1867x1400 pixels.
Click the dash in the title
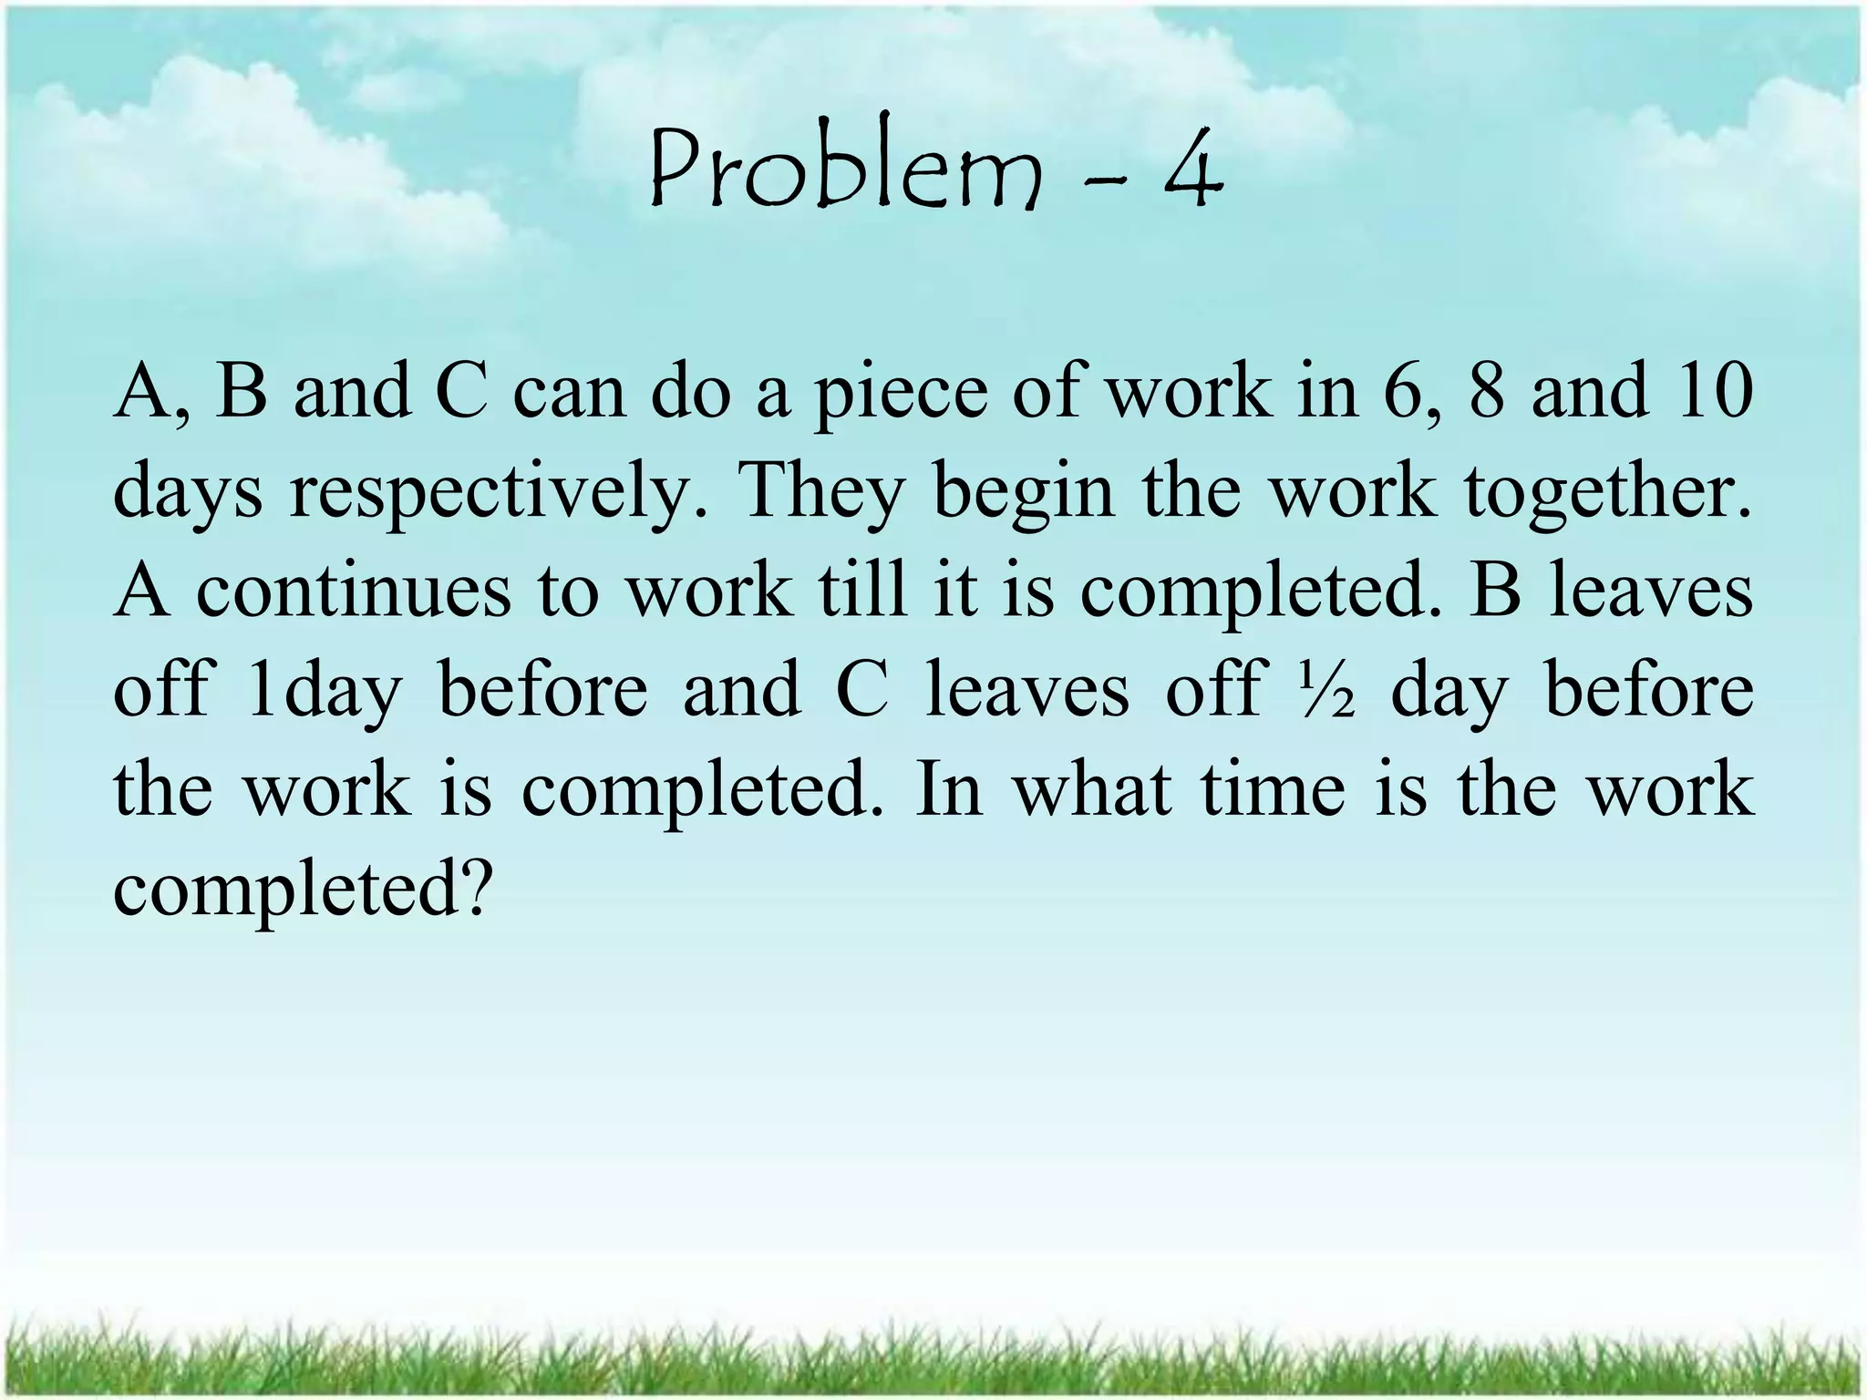click(x=1104, y=178)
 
